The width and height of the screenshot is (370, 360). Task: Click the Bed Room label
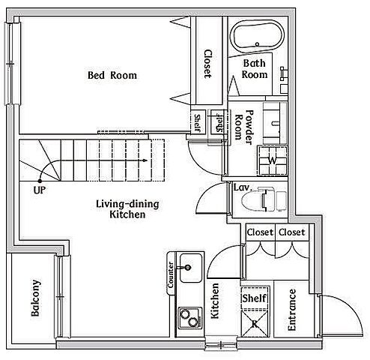point(112,75)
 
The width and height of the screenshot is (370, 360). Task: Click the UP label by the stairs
point(40,190)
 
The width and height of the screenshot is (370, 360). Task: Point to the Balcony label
point(36,298)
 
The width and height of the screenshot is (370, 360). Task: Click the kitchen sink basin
point(191,268)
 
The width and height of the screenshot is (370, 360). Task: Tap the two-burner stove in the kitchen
point(189,318)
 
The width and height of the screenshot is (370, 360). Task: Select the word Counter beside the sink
point(171,274)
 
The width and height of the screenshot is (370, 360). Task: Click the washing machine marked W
point(272,160)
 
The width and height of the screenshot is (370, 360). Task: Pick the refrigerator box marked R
point(255,324)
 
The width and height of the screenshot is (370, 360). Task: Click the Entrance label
point(291,310)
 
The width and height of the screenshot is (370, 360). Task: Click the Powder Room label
point(244,127)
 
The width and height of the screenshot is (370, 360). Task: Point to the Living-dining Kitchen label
point(127,209)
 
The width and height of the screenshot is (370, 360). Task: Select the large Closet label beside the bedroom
point(208,64)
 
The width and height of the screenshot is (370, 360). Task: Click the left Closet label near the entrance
point(260,232)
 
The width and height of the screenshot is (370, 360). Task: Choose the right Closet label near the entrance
point(292,232)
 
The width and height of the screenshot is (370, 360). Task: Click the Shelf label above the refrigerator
point(255,298)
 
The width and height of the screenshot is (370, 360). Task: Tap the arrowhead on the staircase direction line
point(145,160)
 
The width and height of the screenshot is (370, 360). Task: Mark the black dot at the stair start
point(40,181)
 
